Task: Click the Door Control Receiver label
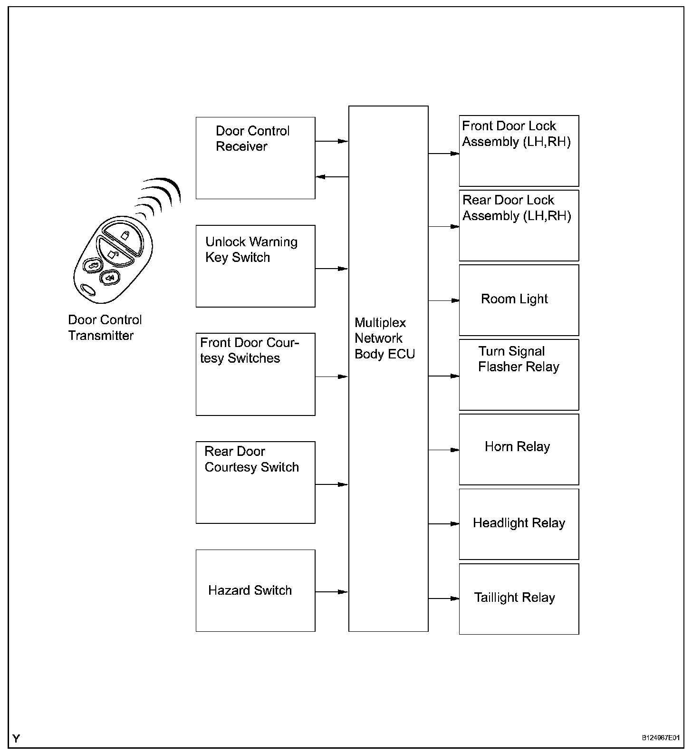point(252,138)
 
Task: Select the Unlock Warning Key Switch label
point(251,250)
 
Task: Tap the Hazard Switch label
point(250,590)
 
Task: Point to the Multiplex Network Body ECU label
point(384,338)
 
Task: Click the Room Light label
point(514,299)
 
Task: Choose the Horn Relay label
point(517,447)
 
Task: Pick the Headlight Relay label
point(519,523)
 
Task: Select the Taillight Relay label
point(514,598)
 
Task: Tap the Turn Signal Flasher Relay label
point(519,359)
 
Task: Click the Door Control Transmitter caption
point(105,328)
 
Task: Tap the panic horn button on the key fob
point(110,278)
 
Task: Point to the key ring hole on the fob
point(87,290)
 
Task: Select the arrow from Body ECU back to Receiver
point(332,177)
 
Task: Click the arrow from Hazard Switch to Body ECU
point(332,592)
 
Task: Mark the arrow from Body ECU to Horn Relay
point(444,450)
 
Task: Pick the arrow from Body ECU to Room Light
point(444,300)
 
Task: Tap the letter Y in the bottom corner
point(17,738)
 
